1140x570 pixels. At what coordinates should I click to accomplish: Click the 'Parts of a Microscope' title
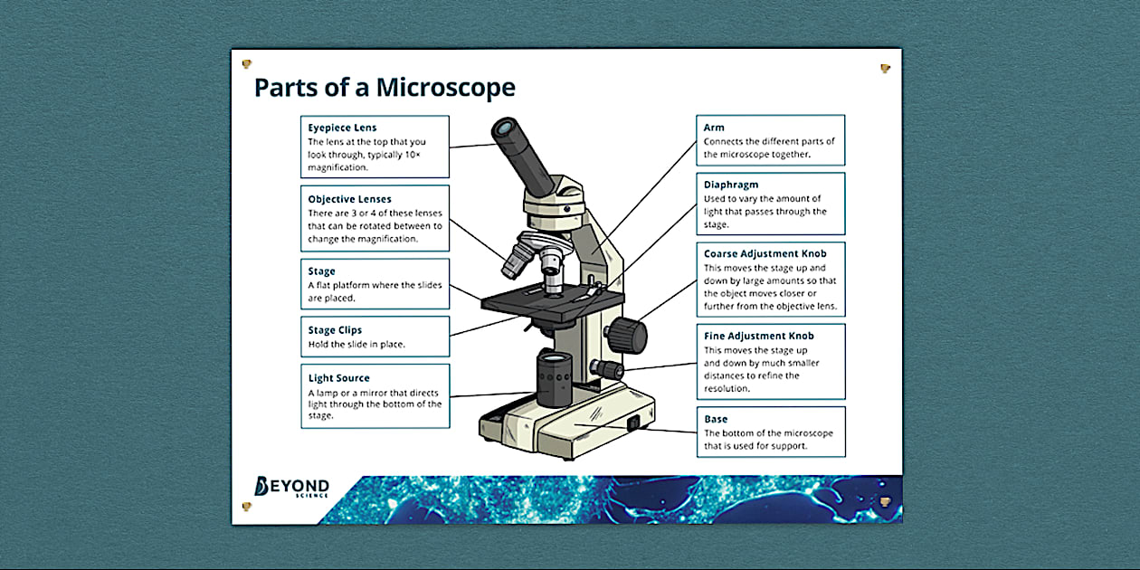[x=384, y=88]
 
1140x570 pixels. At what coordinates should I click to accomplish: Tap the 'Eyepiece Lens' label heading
[x=342, y=128]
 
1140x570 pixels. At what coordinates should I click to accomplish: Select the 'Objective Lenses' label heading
[x=349, y=199]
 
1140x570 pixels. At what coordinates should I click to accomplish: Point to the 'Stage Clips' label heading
[x=335, y=330]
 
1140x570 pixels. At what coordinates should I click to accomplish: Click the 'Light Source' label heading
[x=338, y=378]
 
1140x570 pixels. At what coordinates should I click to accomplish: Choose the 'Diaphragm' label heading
[x=731, y=185]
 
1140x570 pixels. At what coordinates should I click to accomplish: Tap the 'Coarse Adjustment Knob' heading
[x=765, y=254]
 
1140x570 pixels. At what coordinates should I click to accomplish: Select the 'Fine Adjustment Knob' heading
[x=759, y=336]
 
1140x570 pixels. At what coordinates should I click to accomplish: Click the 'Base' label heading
[x=716, y=419]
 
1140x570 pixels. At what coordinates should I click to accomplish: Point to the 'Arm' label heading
[x=714, y=128]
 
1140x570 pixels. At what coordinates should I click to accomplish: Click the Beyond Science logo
[x=291, y=487]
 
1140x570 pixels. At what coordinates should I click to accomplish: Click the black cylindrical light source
[x=555, y=378]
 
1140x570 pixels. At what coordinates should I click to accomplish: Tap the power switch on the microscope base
[x=633, y=422]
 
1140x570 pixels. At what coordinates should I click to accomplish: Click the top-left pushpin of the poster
[x=246, y=64]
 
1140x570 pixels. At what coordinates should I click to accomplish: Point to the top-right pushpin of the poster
[x=885, y=68]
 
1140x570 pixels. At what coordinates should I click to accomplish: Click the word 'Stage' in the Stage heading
[x=321, y=271]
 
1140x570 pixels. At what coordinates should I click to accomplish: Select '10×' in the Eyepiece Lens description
[x=411, y=155]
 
